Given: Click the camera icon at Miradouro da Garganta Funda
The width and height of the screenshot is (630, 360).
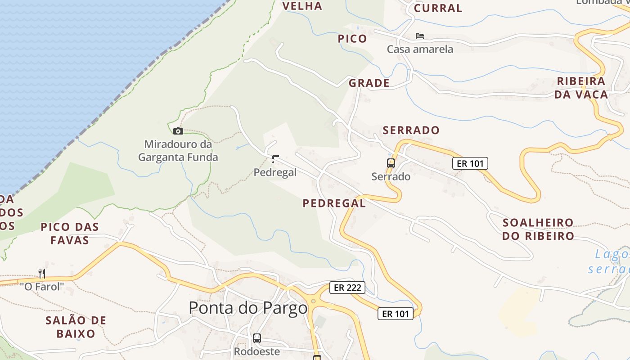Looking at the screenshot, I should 178,131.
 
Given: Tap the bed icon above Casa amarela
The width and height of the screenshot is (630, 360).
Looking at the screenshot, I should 420,36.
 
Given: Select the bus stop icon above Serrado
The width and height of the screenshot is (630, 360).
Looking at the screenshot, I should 391,163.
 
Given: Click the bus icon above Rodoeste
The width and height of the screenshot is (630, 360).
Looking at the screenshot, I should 257,338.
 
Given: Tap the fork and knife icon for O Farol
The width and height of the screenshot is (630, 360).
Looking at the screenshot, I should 42,273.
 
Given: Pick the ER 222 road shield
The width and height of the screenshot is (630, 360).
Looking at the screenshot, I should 347,287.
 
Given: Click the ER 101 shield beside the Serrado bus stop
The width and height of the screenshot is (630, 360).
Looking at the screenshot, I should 470,163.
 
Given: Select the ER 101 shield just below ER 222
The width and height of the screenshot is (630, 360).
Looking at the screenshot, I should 395,314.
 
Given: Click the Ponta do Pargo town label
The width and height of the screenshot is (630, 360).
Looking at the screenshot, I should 248,308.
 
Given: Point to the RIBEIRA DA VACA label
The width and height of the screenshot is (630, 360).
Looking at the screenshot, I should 581,88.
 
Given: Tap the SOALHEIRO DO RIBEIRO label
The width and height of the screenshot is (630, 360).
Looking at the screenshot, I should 538,229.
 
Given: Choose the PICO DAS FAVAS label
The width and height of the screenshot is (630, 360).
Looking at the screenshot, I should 70,233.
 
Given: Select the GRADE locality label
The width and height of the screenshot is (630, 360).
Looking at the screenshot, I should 369,83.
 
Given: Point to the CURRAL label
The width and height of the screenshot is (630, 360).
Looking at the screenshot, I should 438,8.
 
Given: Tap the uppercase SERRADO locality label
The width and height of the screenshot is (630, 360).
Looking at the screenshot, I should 411,130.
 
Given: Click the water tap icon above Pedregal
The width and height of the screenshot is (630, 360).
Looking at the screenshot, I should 275,159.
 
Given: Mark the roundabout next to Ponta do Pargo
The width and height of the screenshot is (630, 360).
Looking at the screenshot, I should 313,301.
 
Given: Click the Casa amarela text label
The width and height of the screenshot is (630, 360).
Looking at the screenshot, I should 420,49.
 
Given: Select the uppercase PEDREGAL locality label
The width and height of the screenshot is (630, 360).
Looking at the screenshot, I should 334,203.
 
